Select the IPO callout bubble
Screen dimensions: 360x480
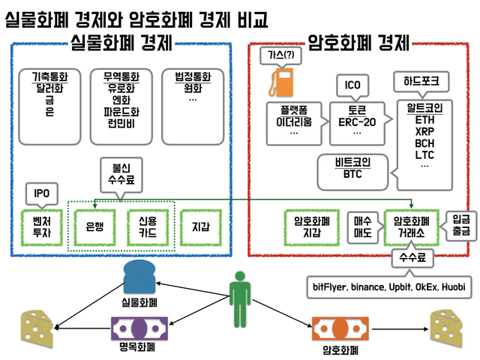tap(42, 193)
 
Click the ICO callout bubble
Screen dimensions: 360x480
tap(352, 84)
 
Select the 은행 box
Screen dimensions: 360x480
tap(94, 226)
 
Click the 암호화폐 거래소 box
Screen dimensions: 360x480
tap(410, 226)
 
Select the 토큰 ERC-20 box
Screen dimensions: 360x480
tap(352, 120)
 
